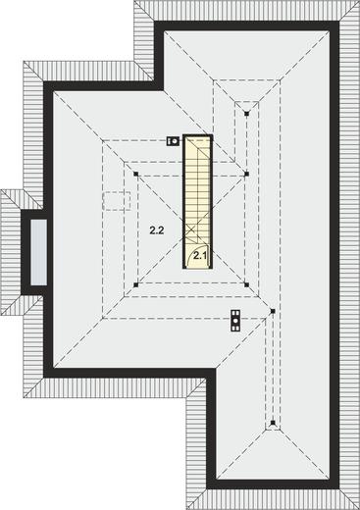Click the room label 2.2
pos(157,230)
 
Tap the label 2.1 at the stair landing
pos(199,256)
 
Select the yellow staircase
pos(198,202)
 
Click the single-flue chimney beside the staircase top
pos(173,141)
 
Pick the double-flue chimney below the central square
pos(235,321)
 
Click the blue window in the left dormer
pos(39,252)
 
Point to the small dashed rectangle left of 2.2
pos(117,201)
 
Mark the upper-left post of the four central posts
pos(136,174)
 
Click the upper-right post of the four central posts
pos(247,174)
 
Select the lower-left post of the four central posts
pos(136,285)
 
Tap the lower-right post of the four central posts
pos(247,285)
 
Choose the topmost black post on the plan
pos(247,114)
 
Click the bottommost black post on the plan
pos(273,423)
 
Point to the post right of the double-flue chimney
pos(273,311)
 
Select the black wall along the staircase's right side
pos(211,202)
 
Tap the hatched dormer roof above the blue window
pos(21,200)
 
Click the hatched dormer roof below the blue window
pos(21,306)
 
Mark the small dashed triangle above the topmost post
pos(247,106)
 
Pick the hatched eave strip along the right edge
pos(349,255)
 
